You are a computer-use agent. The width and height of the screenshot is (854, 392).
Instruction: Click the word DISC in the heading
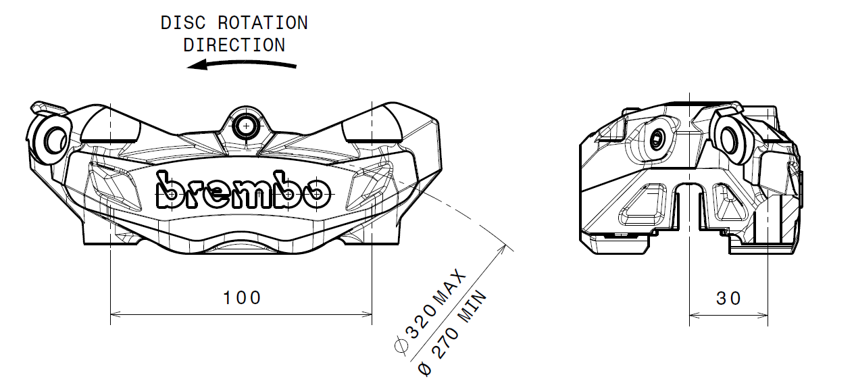point(183,23)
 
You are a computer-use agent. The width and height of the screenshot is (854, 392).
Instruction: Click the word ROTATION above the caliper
point(263,23)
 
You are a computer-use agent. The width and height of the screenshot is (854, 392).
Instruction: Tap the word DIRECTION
point(234,45)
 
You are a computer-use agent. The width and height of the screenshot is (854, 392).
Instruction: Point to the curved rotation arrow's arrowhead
point(197,65)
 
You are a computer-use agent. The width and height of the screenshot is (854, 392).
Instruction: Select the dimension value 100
point(242,298)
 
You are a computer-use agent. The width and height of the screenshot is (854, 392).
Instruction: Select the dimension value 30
point(728,299)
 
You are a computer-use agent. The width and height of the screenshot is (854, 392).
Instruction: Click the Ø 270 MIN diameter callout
point(453,333)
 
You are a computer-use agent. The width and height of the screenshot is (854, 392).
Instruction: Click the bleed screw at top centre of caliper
point(246,126)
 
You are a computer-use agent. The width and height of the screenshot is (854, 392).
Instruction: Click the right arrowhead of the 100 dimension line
point(366,314)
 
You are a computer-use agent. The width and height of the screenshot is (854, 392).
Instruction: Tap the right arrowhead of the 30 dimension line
point(763,316)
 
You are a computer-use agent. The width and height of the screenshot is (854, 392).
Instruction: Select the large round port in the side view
point(729,140)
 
